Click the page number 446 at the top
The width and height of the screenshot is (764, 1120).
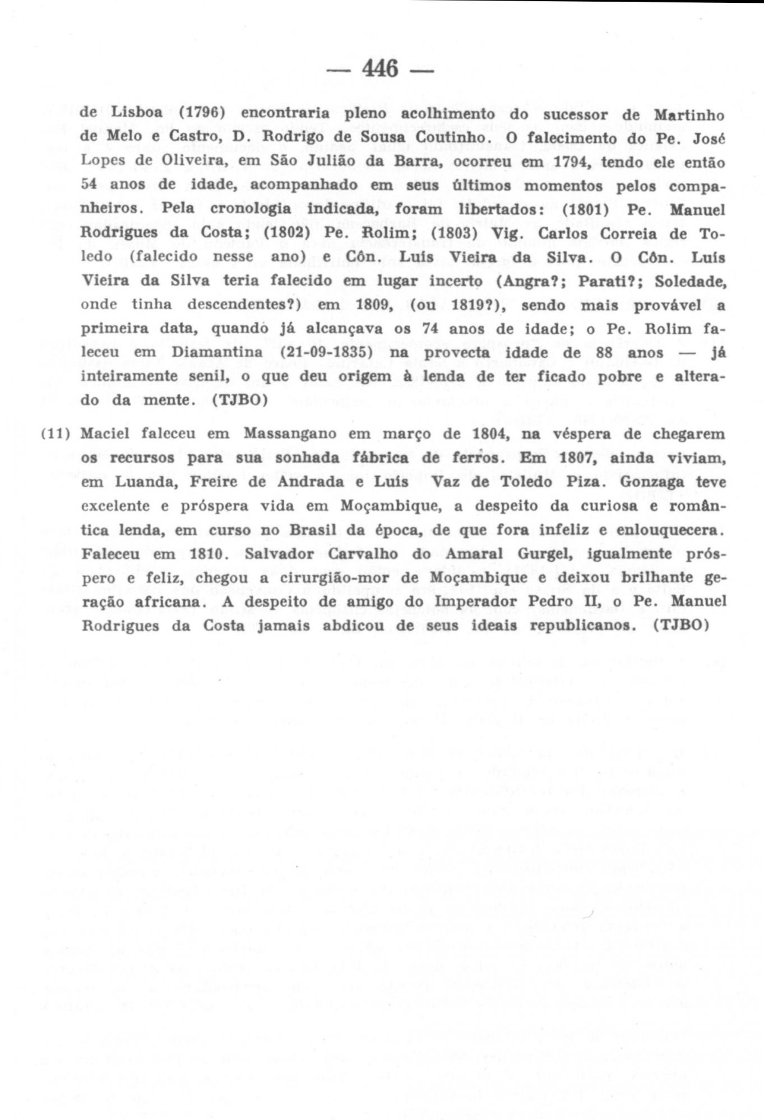(381, 69)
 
